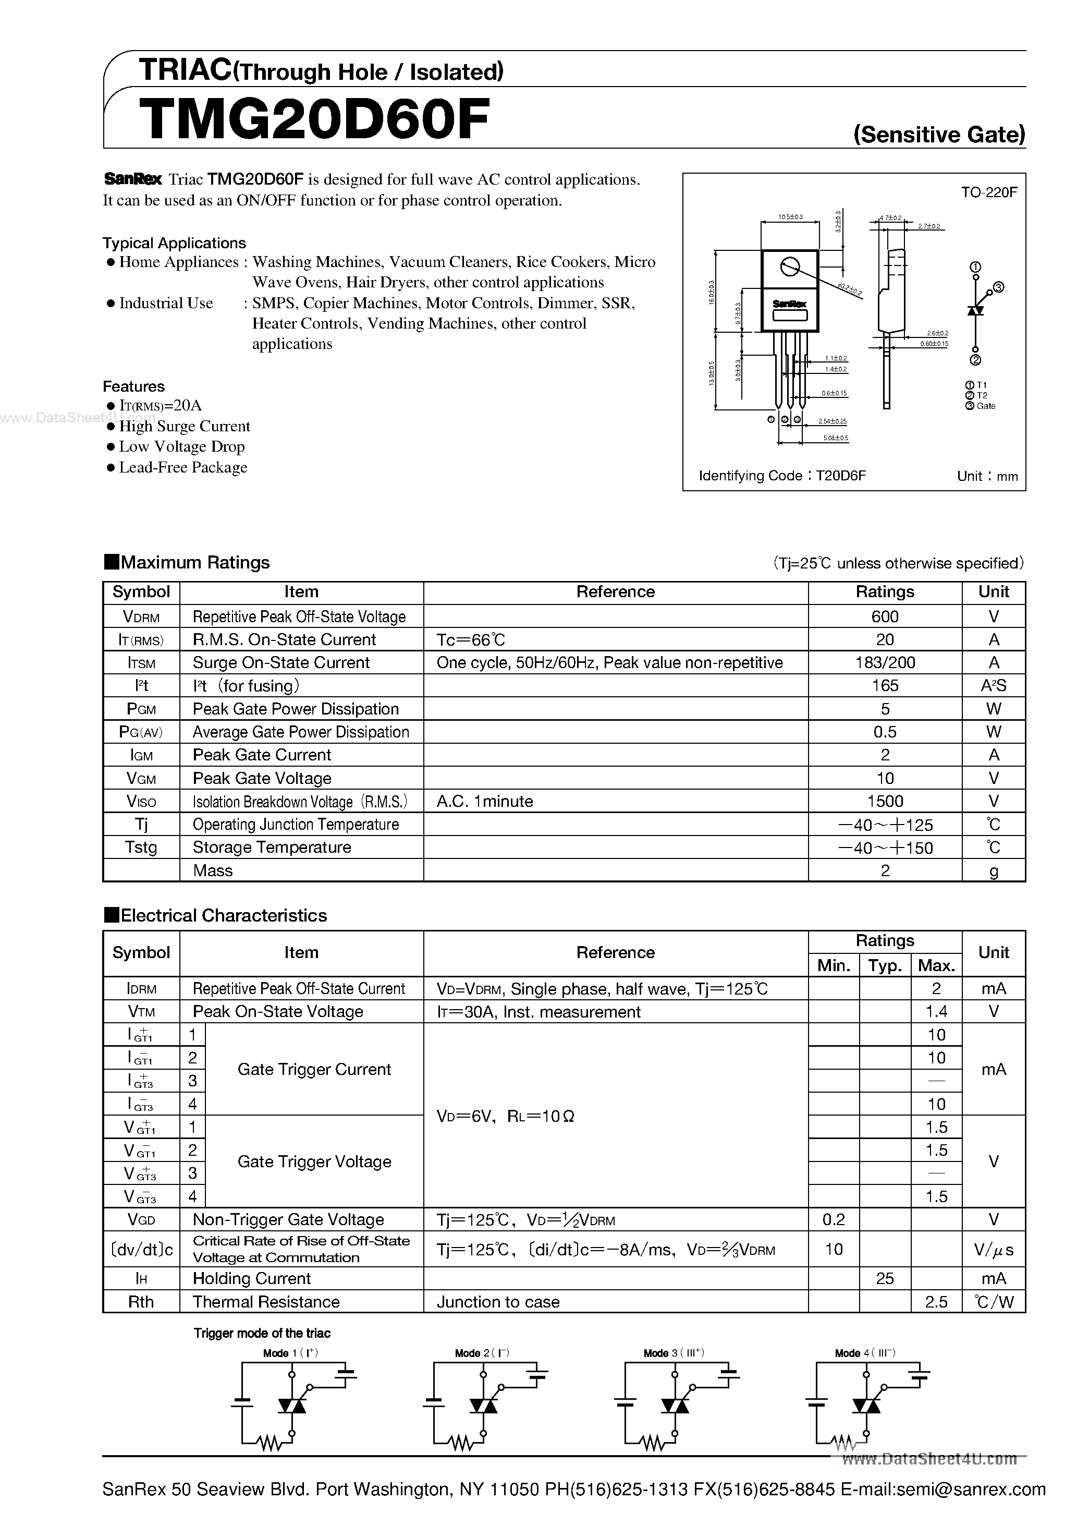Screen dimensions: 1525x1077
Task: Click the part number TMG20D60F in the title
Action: [315, 119]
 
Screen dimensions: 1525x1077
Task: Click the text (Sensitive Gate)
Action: [939, 135]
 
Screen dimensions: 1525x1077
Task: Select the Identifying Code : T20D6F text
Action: [782, 476]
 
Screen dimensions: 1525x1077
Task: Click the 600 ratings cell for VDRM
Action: [885, 616]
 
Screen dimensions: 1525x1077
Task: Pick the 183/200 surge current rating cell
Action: [885, 662]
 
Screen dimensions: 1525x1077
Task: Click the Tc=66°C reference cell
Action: [471, 639]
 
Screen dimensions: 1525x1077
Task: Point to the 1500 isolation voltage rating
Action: [885, 801]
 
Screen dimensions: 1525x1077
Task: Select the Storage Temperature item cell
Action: [272, 848]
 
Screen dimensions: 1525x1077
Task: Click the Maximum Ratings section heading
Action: [194, 563]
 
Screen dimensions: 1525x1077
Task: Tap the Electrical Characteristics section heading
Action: [223, 915]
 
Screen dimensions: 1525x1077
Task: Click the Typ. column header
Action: [885, 965]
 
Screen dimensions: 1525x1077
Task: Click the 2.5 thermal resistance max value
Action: [936, 1302]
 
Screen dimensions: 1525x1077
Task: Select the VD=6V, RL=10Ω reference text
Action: [505, 1116]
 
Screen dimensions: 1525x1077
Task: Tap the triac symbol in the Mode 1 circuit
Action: [291, 1406]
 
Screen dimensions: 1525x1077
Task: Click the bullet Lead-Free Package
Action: [182, 468]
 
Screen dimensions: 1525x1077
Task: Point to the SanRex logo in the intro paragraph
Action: [133, 179]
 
